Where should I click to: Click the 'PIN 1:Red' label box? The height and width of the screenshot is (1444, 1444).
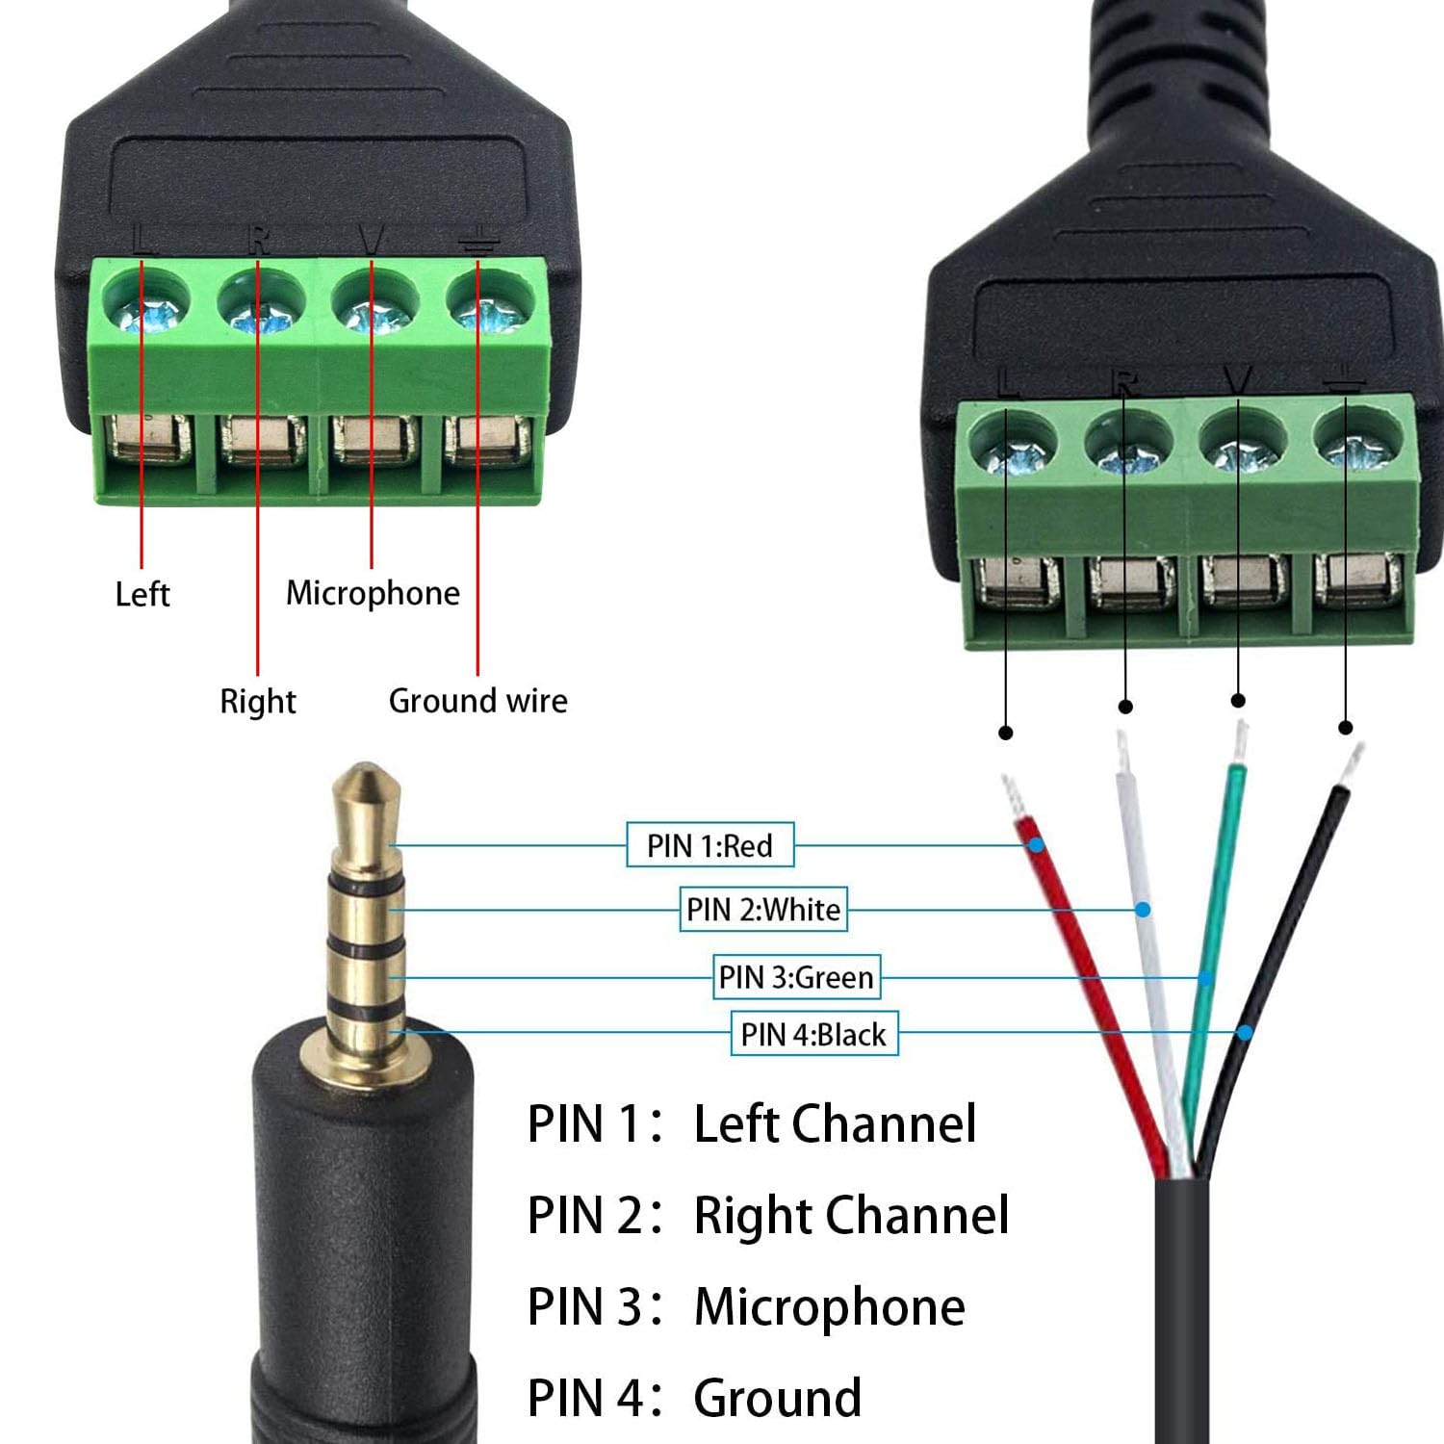(x=710, y=845)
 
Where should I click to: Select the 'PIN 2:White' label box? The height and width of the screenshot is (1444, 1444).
(x=763, y=909)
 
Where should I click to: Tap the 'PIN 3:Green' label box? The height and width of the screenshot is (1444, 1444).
(x=796, y=976)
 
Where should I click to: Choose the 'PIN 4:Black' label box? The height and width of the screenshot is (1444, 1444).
(x=813, y=1034)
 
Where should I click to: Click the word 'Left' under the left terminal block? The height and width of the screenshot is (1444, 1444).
(x=142, y=594)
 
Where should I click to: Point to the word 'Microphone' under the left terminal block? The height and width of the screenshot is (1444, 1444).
(x=373, y=593)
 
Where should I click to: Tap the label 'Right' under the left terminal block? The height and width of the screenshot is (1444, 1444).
(x=258, y=702)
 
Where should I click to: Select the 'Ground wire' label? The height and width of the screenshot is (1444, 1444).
(x=477, y=701)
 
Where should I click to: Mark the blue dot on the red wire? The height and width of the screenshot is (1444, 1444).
(x=1036, y=845)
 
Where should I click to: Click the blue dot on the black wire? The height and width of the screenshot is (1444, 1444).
(x=1245, y=1033)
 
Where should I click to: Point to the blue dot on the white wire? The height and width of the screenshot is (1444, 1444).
(x=1143, y=909)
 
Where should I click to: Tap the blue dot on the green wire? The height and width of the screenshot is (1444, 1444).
(x=1205, y=978)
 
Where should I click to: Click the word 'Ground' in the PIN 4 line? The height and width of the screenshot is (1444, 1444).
(x=777, y=1398)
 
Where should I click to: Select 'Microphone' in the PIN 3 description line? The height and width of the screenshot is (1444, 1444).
(x=829, y=1307)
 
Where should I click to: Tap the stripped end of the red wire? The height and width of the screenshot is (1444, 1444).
(x=1013, y=797)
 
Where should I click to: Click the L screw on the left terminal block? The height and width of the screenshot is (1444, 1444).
(x=145, y=300)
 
